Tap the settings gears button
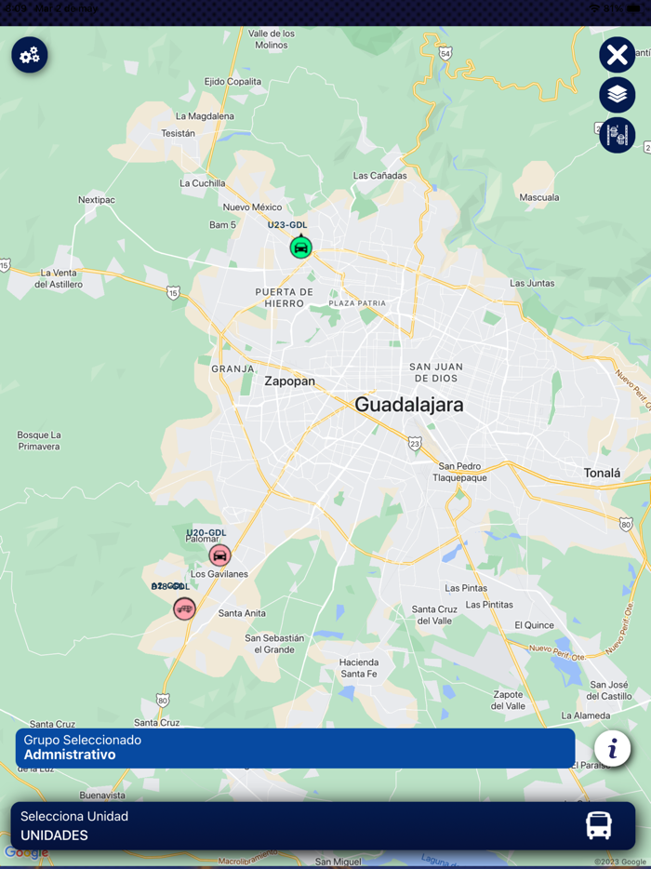pyautogui.click(x=30, y=56)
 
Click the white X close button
pyautogui.click(x=617, y=55)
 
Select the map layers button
pyautogui.click(x=617, y=95)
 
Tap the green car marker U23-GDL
pyautogui.click(x=300, y=247)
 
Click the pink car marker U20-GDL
pyautogui.click(x=219, y=555)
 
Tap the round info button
pyautogui.click(x=612, y=748)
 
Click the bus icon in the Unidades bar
pyautogui.click(x=599, y=825)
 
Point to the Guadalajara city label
pyautogui.click(x=408, y=405)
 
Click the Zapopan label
pyautogui.click(x=289, y=381)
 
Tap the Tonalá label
pyautogui.click(x=602, y=473)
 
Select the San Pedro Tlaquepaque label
pyautogui.click(x=459, y=472)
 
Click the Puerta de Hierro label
pyautogui.click(x=284, y=298)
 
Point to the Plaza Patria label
pyautogui.click(x=357, y=303)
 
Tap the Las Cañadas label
pyautogui.click(x=380, y=176)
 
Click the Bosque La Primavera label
pyautogui.click(x=39, y=440)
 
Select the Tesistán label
pyautogui.click(x=179, y=133)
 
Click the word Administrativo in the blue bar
pyautogui.click(x=70, y=755)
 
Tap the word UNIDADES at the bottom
pyautogui.click(x=54, y=836)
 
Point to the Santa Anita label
pyautogui.click(x=242, y=613)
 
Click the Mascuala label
pyautogui.click(x=539, y=197)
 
